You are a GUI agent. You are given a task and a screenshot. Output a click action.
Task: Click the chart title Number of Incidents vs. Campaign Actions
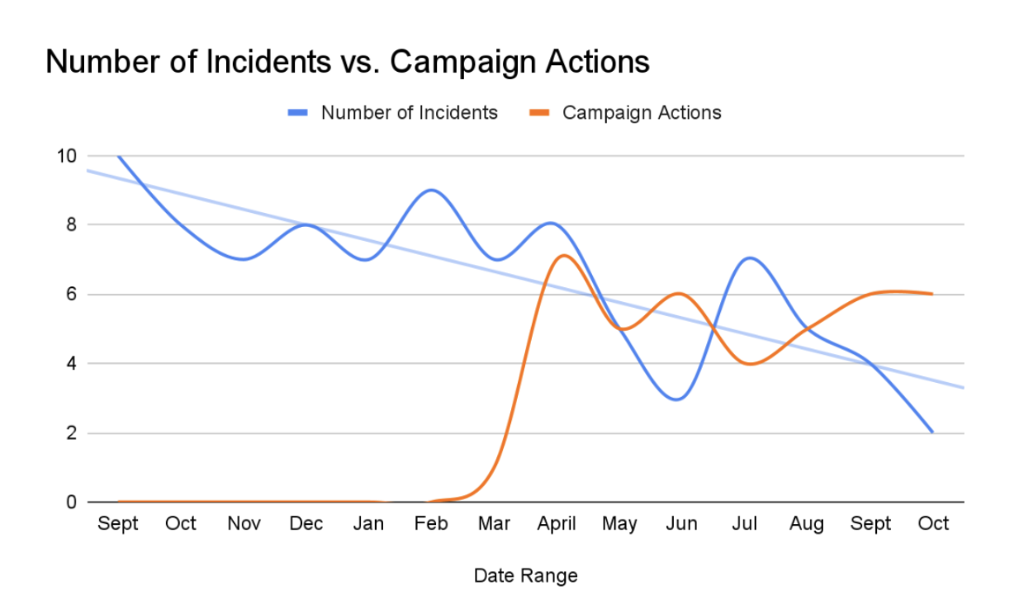[347, 62]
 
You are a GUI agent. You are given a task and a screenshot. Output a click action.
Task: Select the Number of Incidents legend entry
[409, 113]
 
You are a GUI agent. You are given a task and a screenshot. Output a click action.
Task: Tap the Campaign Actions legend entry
[641, 113]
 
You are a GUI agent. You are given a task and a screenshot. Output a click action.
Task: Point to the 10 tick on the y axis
[67, 156]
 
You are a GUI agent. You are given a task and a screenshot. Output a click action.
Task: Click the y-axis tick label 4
[72, 364]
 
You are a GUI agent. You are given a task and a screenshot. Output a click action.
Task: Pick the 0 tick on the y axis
[72, 502]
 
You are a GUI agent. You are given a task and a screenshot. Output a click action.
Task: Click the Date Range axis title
[525, 575]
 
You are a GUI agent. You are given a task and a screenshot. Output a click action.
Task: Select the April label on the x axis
[557, 524]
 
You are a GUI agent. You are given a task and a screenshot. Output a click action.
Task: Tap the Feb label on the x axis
[431, 524]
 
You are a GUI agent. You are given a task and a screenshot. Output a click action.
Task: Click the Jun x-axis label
[681, 524]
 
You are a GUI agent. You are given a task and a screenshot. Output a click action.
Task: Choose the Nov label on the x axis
[244, 524]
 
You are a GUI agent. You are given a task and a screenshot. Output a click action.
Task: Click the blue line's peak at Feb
[432, 190]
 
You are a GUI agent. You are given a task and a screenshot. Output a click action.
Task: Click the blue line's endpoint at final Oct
[932, 432]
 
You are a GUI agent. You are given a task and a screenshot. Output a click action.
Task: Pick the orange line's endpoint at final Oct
[932, 294]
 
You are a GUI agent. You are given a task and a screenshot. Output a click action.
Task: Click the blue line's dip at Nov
[244, 259]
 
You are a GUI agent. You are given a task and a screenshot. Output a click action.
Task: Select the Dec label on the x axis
[306, 524]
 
